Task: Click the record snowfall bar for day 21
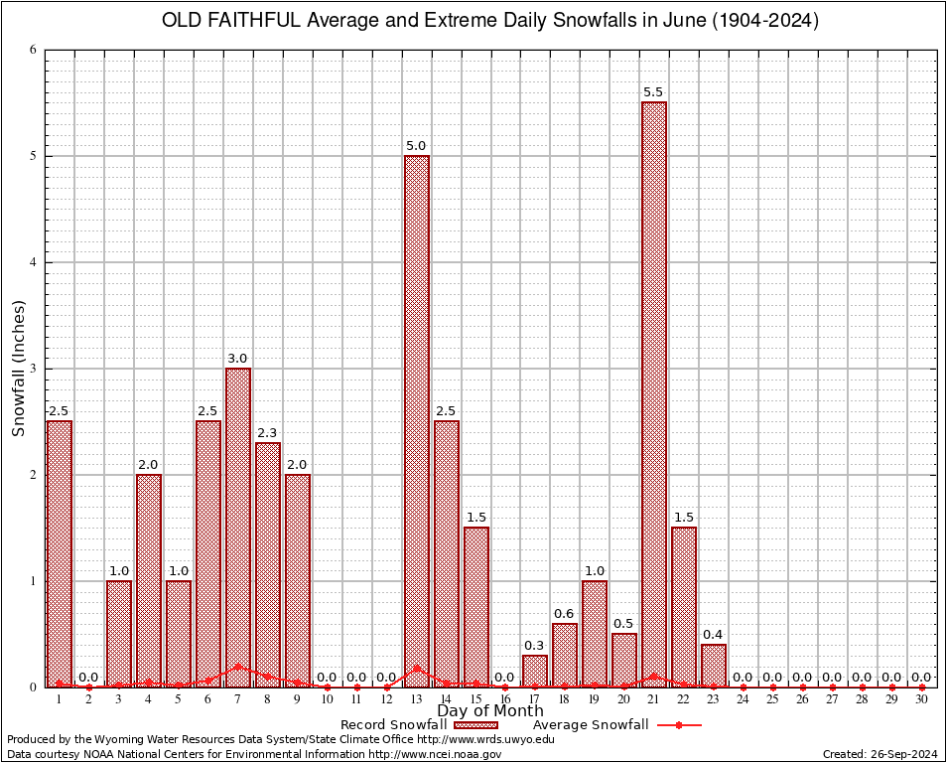(x=654, y=397)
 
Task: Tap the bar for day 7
(x=238, y=527)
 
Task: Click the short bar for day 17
(x=535, y=671)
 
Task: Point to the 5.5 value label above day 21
(x=653, y=92)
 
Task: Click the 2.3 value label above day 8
(x=267, y=432)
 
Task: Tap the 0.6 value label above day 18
(x=564, y=613)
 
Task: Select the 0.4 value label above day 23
(x=713, y=634)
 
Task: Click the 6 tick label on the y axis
(x=33, y=50)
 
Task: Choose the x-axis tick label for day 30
(x=921, y=699)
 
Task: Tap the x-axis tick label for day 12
(x=387, y=699)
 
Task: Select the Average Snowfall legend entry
(x=590, y=724)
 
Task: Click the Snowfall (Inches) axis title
(x=19, y=369)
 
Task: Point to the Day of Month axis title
(x=490, y=711)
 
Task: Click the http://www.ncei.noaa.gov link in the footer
(x=436, y=754)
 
